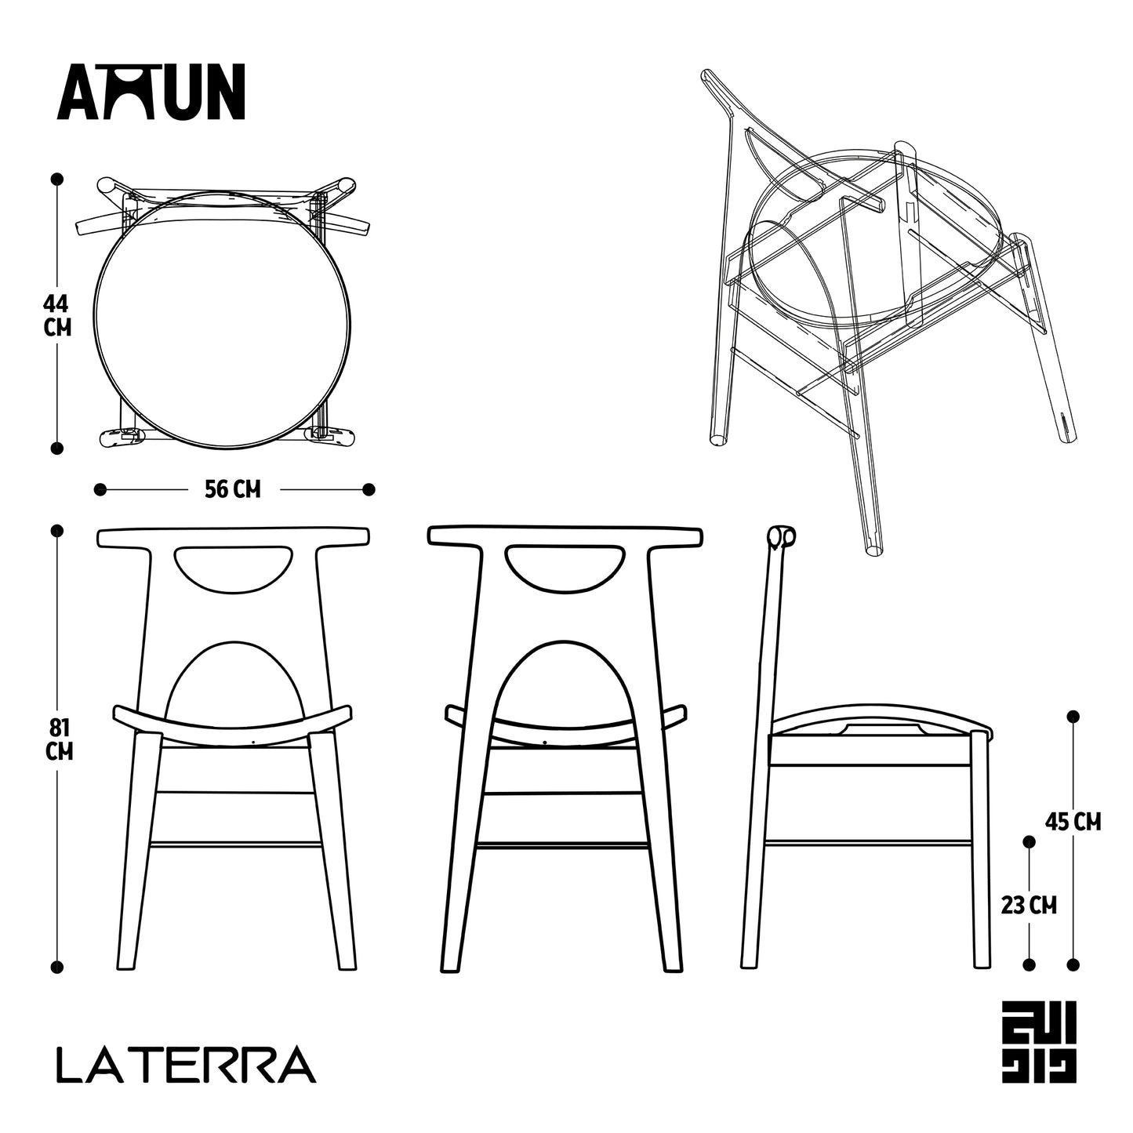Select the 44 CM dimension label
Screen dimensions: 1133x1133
(57, 314)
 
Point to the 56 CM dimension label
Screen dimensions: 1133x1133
(232, 490)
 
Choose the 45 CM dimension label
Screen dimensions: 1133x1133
(1073, 822)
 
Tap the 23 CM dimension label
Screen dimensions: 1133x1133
(1029, 906)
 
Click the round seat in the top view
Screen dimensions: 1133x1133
(222, 322)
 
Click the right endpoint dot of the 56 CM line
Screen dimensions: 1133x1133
(369, 490)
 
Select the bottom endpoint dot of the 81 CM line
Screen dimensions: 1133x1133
(57, 967)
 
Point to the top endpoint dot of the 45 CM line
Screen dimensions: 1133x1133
(1073, 717)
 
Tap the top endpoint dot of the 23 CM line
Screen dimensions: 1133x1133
(1030, 841)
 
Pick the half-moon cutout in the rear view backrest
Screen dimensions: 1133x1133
(565, 565)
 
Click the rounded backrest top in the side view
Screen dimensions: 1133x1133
(779, 537)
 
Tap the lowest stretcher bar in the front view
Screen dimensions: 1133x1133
(235, 845)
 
